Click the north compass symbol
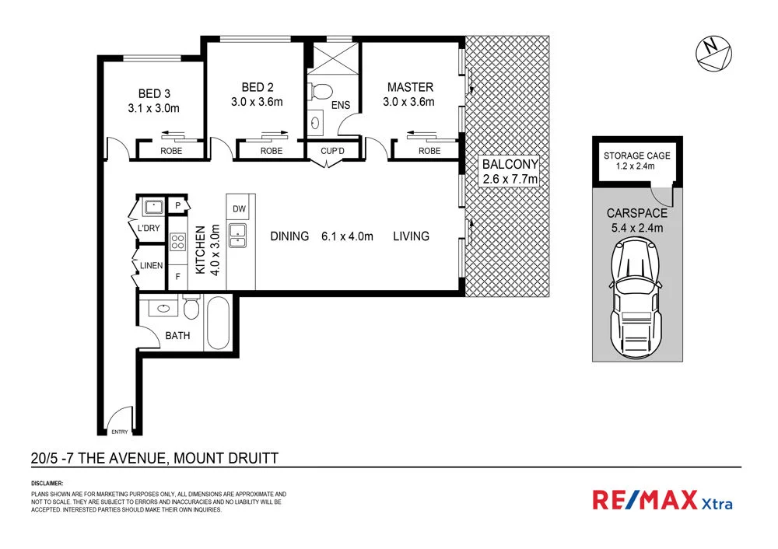(714, 52)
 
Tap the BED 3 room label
(154, 94)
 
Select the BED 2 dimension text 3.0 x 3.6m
(257, 102)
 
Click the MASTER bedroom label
(410, 87)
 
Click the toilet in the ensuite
(318, 93)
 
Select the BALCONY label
(510, 165)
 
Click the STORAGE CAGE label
(637, 156)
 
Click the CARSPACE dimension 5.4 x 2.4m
(637, 228)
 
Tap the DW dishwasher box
(239, 209)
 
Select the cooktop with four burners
(177, 242)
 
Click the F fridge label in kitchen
(177, 275)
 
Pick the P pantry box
(177, 206)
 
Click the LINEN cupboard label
(151, 266)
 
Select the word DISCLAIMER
(47, 484)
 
